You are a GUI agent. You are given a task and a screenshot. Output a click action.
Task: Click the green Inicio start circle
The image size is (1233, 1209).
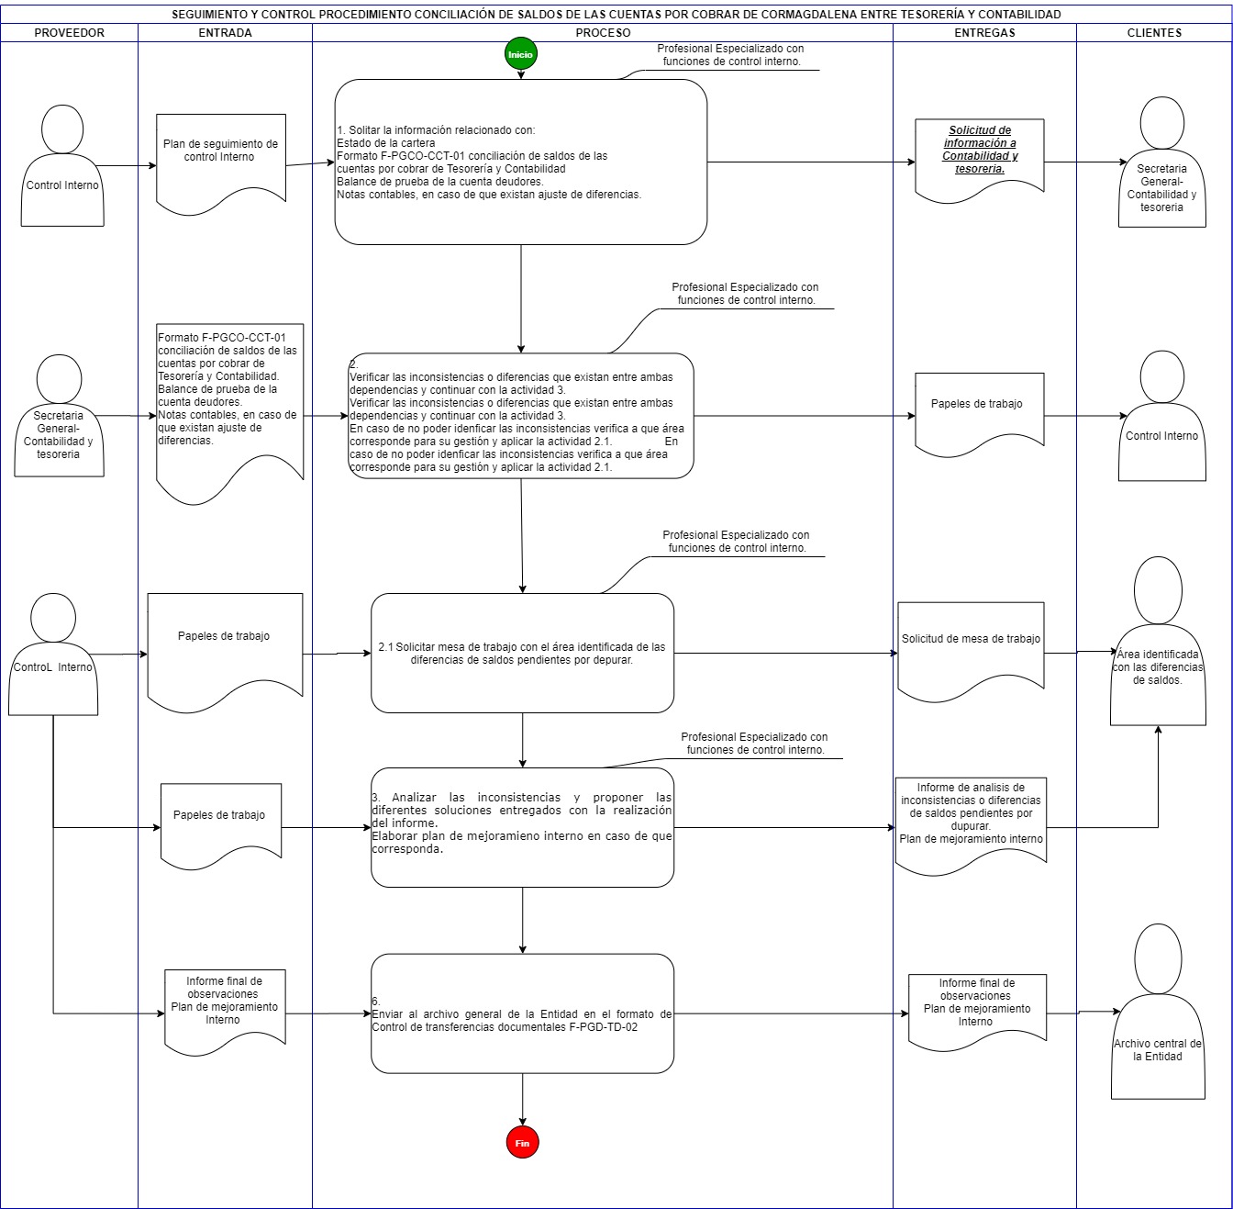tap(520, 54)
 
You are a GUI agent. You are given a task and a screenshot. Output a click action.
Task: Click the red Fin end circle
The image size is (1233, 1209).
tap(522, 1143)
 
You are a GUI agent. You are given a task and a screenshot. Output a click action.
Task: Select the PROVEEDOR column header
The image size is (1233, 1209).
tap(69, 33)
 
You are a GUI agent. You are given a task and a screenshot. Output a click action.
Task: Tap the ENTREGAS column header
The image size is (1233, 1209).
tap(984, 33)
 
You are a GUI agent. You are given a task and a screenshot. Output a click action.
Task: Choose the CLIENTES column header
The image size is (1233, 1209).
tap(1154, 33)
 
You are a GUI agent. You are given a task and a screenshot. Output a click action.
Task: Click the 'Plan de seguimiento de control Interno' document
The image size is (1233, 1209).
tap(221, 164)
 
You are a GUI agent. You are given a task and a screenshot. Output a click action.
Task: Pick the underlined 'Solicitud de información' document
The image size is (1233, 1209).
tap(980, 160)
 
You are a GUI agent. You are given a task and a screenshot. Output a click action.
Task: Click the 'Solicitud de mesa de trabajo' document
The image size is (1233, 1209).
tap(971, 651)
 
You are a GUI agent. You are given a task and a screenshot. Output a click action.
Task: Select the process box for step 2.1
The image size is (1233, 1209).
tap(522, 654)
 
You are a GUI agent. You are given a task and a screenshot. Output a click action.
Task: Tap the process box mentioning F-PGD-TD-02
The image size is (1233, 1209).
tap(522, 1013)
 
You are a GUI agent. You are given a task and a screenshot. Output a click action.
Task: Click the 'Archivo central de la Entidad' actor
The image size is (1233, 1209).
tap(1158, 1012)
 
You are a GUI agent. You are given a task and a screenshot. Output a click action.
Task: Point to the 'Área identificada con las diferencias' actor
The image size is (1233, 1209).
tap(1158, 642)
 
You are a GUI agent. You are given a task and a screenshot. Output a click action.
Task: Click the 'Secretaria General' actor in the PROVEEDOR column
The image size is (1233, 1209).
tap(59, 416)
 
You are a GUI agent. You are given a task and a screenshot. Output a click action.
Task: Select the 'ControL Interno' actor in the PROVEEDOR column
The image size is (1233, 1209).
tap(53, 654)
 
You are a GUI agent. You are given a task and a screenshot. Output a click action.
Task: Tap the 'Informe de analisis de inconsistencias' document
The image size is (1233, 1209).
tap(971, 825)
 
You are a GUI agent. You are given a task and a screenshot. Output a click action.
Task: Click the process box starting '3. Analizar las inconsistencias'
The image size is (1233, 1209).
tap(522, 827)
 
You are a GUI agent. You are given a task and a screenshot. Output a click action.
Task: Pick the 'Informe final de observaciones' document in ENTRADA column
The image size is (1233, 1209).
tap(226, 1012)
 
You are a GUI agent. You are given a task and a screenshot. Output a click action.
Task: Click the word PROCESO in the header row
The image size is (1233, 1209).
tap(603, 33)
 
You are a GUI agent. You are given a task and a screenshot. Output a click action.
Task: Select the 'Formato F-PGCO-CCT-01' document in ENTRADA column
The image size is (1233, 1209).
tap(229, 413)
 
